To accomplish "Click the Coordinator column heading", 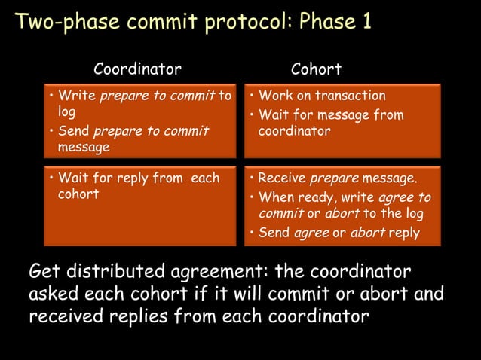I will (x=137, y=70).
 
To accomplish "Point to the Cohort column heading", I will (x=316, y=70).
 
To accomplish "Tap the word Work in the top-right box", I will (x=276, y=96).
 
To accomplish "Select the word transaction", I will (x=350, y=96).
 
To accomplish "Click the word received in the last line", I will (x=64, y=316).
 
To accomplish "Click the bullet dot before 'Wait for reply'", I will (x=50, y=179).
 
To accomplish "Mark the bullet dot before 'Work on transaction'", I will (x=251, y=96).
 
